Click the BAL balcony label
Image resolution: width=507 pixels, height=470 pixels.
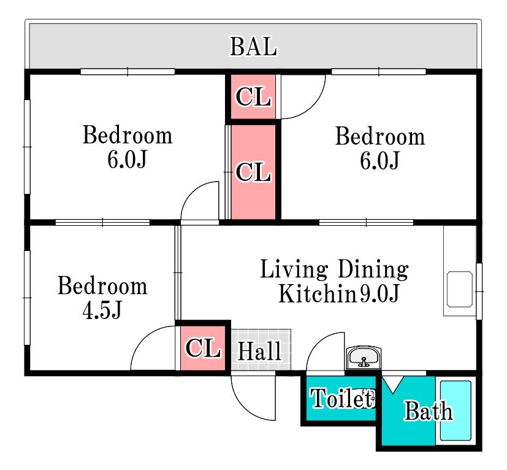(253, 47)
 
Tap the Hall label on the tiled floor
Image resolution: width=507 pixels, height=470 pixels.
(259, 350)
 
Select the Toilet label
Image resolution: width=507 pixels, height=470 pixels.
(342, 398)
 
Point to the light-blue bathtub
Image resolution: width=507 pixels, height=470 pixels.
(456, 410)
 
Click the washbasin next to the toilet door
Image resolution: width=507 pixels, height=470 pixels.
(364, 358)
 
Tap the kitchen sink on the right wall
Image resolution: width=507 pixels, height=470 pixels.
(459, 289)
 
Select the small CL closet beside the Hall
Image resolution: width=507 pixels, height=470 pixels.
(203, 348)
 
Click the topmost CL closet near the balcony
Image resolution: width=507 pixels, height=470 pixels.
(253, 96)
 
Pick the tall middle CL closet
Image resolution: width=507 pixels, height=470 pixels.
(253, 172)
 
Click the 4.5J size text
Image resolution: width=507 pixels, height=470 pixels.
(102, 310)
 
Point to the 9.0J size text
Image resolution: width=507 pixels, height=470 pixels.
(379, 293)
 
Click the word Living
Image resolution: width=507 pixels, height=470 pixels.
(294, 269)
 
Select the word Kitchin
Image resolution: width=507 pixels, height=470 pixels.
(317, 293)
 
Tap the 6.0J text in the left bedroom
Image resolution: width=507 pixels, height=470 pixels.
(127, 159)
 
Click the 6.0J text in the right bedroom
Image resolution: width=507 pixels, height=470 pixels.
(379, 160)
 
